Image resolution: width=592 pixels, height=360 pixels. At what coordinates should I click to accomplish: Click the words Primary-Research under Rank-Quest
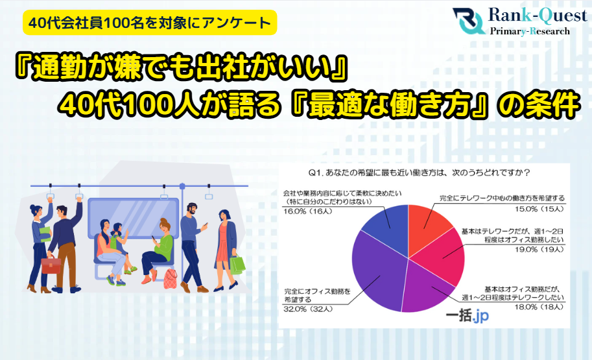(530, 31)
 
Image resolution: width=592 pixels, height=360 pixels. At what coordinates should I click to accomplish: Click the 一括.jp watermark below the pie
(467, 316)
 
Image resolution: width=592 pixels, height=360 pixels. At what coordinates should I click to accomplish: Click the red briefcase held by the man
(50, 264)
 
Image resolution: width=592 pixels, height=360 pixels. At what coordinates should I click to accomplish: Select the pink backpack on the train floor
(170, 278)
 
